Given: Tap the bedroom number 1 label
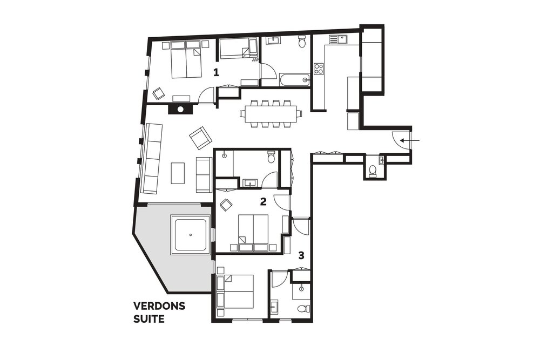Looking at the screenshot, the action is (x=216, y=72).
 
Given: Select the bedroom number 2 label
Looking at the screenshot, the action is (x=263, y=201).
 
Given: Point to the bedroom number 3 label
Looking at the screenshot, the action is (x=301, y=256).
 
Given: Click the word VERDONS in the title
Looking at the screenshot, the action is (x=159, y=306).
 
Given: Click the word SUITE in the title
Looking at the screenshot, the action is (x=149, y=319).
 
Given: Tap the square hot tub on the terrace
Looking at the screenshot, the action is (x=191, y=235).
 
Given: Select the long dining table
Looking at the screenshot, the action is (x=271, y=114).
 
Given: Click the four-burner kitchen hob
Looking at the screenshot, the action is (x=319, y=69).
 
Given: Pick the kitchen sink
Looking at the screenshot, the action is (x=339, y=39).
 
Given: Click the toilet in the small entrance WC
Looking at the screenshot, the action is (x=372, y=171).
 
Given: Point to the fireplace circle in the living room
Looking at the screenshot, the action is (x=180, y=110).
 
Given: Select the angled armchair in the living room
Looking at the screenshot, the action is (x=200, y=138).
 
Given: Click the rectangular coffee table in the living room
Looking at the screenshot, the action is (x=178, y=173).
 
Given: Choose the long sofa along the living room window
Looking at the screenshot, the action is (x=152, y=158).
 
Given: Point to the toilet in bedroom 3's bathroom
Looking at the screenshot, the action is (x=302, y=308).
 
